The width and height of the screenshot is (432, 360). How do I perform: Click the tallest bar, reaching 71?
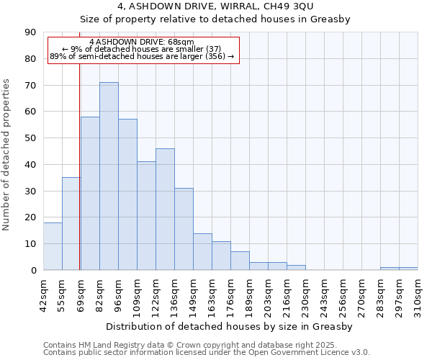tap(109, 176)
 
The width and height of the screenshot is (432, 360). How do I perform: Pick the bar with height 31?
tap(184, 229)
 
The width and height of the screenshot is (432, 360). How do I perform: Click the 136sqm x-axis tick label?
tap(174, 294)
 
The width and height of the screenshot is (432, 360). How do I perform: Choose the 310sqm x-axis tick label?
tap(418, 294)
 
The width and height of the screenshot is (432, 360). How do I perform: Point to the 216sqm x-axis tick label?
tap(287, 294)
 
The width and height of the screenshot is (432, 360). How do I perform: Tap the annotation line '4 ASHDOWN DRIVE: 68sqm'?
tap(142, 42)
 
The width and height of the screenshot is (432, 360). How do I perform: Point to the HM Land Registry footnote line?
tap(189, 345)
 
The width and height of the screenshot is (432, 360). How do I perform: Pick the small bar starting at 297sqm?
tap(408, 269)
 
